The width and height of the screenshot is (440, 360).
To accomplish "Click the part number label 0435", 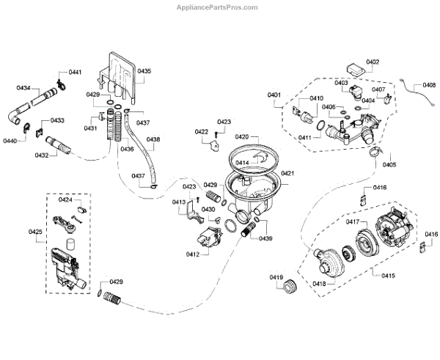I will (144, 71).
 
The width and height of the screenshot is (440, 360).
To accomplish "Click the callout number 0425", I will (35, 232).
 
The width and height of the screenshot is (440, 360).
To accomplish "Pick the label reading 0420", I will (242, 136).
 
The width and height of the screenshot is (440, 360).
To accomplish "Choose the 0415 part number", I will (389, 275).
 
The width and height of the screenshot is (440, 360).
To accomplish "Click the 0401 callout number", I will (274, 95).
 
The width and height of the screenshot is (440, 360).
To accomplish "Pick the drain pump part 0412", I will (207, 238).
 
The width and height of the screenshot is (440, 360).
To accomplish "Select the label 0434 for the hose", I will (23, 88).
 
